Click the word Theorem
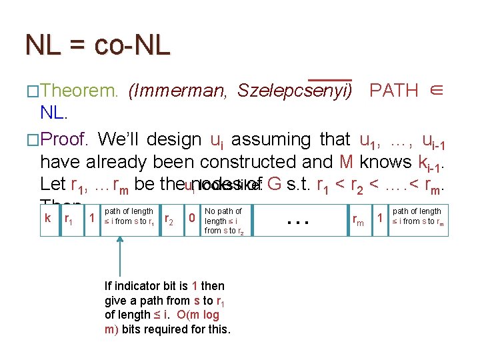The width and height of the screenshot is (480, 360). pos(79,91)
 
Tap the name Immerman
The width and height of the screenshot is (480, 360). pos(177,91)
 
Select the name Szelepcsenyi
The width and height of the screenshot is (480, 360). pos(295,91)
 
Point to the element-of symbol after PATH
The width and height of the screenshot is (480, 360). pos(435,91)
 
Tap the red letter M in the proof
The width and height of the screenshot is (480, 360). pos(346,162)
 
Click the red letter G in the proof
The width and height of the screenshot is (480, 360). pos(273,184)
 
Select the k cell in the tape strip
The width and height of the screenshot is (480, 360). pos(47,218)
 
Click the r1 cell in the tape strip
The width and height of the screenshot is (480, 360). pos(68,219)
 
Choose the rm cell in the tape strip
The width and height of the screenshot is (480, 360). pos(359,219)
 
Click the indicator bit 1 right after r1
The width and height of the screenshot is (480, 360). pos(91,218)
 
